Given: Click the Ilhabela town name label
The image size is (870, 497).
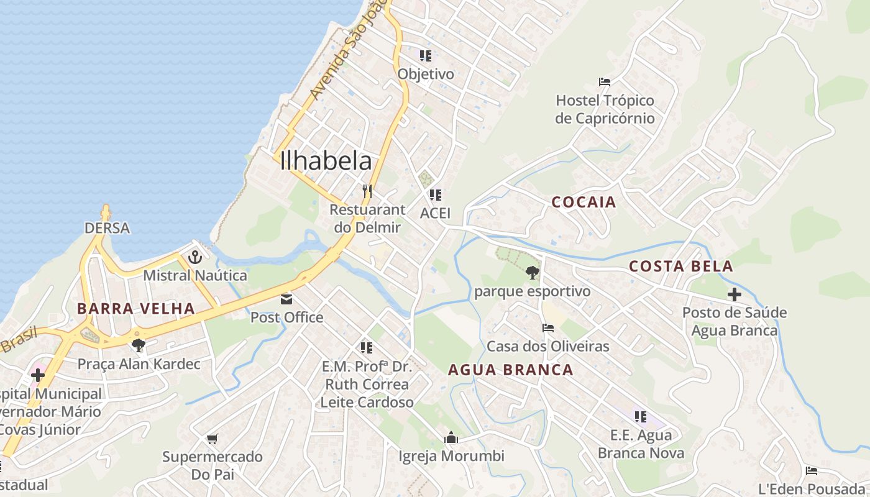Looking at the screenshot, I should pos(326,161).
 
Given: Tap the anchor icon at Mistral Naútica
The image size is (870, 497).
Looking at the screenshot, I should pos(195,257).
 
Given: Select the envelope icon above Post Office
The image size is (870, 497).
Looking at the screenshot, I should pos(286,299).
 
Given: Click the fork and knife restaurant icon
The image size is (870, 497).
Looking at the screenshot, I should pos(367,191).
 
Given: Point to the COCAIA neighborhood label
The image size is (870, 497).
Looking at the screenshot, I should pos(584,202).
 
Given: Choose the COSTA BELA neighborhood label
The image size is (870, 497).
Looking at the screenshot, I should pos(681,267).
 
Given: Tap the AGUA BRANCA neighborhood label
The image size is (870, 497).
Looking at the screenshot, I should pos(511,370).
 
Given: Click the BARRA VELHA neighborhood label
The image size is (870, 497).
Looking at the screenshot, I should pos(136,308).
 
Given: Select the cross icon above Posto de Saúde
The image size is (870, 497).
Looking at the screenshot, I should pos(735,294).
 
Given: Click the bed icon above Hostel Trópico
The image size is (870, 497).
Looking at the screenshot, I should pos(605,82).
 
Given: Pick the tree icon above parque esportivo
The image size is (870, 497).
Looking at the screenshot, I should pos(532,272).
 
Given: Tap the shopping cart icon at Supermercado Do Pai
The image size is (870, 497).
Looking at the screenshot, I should pos(212,439).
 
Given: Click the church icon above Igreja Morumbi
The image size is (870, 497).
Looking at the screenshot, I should pos(451,437).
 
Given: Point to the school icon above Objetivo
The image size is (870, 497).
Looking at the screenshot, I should pos(426,56).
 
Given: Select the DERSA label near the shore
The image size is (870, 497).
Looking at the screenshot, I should pos(108,228).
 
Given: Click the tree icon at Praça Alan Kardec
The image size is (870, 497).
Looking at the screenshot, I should pos(139,345).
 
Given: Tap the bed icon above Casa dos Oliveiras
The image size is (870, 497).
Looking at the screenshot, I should pos(547,328).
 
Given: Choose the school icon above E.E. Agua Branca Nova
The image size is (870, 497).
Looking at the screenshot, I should pos(641,416).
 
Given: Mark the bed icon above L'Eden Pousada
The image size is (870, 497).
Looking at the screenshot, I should pos(811,471).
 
